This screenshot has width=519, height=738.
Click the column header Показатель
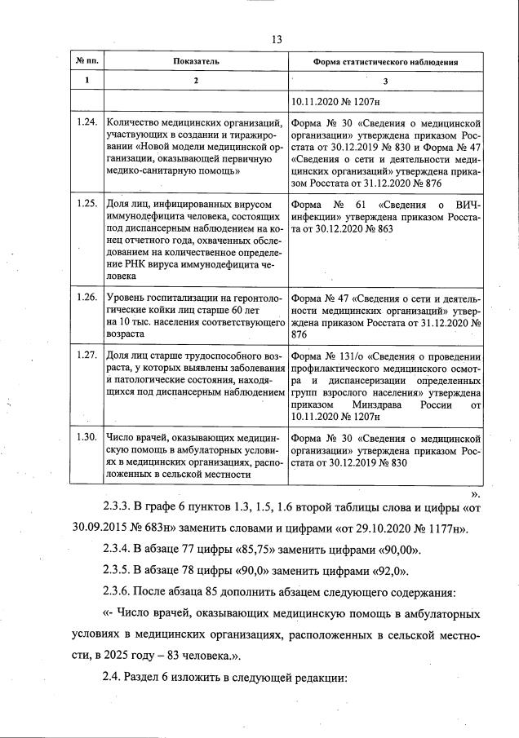196,61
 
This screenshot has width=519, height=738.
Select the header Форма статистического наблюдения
386,62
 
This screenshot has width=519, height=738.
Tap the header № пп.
86,61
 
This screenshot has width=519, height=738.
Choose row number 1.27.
86,356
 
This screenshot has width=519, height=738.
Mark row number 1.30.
86,437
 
